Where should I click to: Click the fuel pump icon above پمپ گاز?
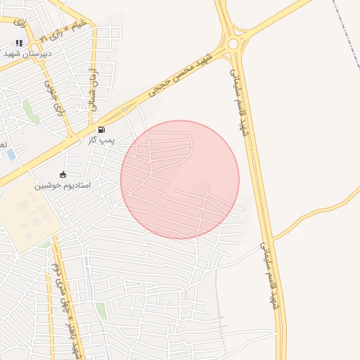tap(102, 129)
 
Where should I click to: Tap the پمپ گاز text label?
tap(101, 141)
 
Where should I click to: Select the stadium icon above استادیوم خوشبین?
tap(63, 174)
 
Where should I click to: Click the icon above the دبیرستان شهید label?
tap(19, 43)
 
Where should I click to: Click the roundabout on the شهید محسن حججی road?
tap(234, 44)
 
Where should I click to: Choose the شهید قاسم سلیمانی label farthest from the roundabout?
tap(269, 278)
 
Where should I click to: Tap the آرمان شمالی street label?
tap(92, 91)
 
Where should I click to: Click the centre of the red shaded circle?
tap(180, 179)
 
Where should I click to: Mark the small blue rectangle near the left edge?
tap(12, 154)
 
